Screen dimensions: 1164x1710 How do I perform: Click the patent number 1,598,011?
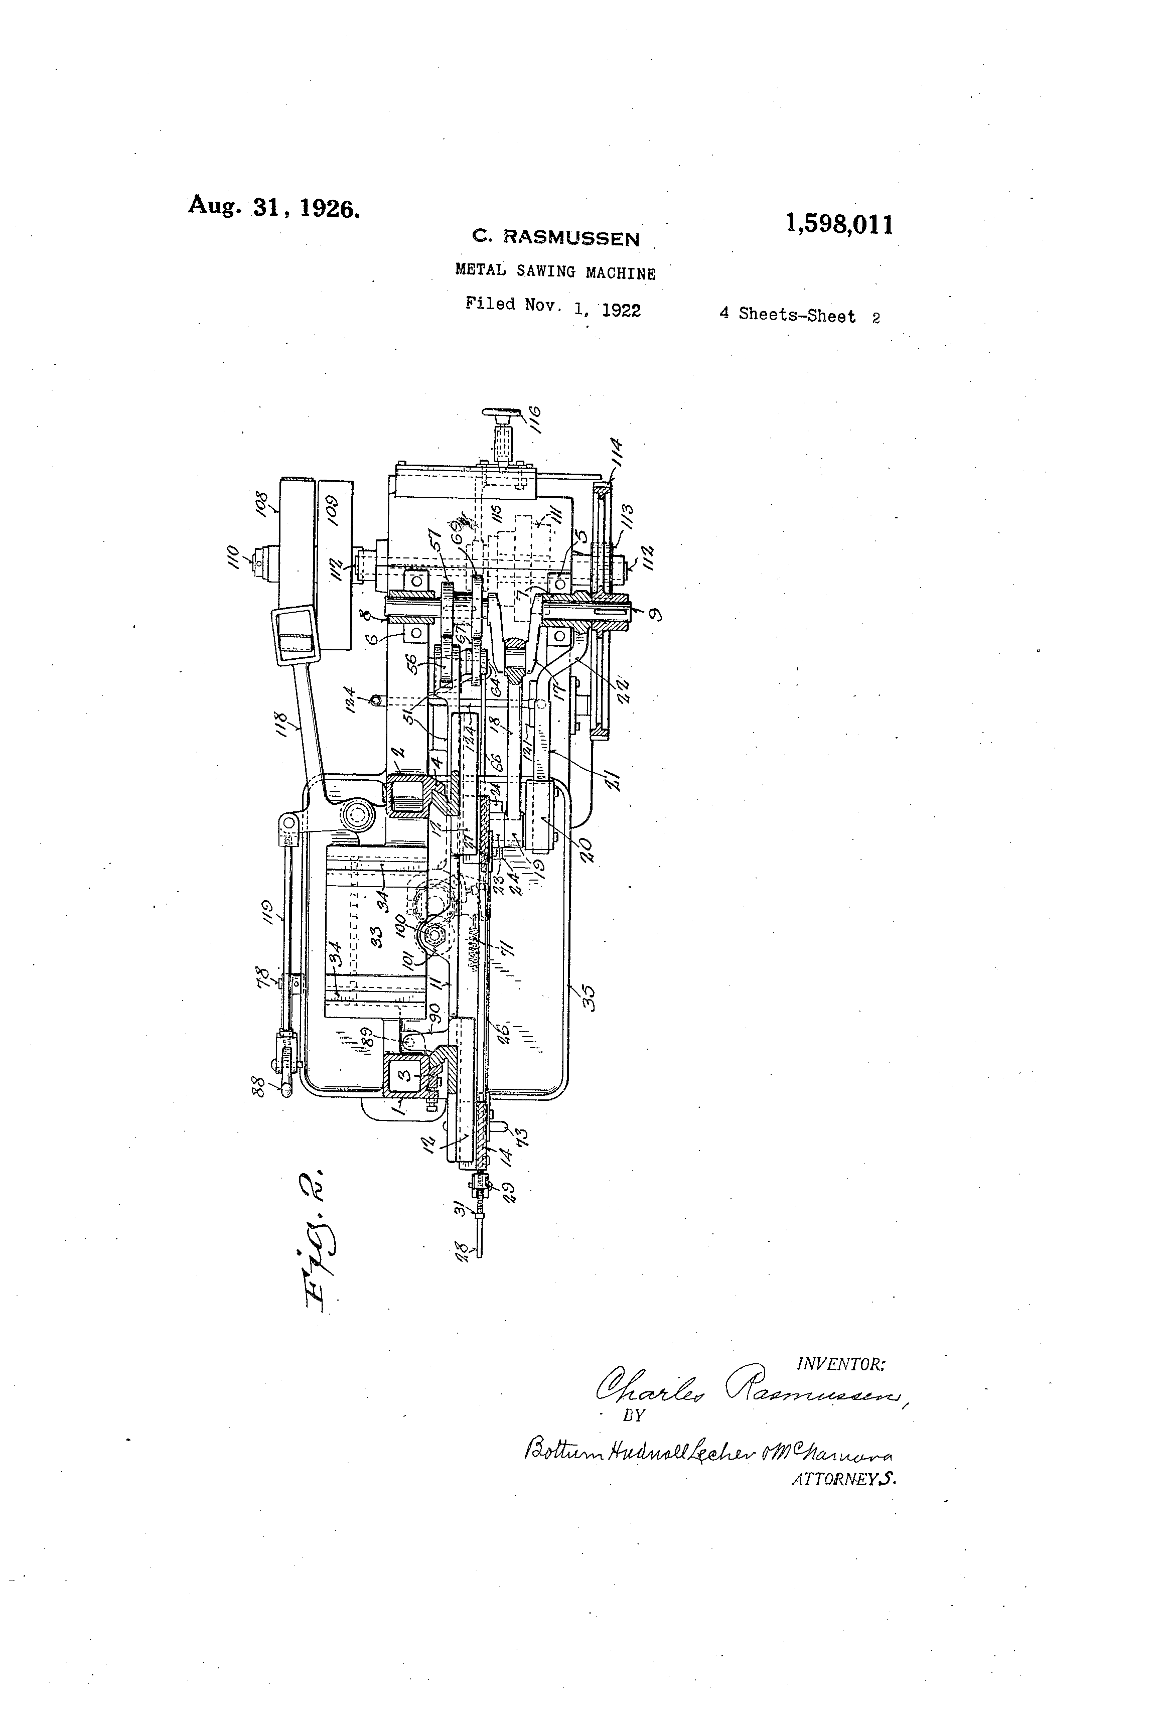tap(839, 224)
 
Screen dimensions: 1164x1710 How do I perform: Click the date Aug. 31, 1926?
tap(274, 207)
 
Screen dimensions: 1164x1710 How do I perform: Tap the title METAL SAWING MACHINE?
tap(555, 271)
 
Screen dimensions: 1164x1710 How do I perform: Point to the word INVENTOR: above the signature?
tap(840, 1364)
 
